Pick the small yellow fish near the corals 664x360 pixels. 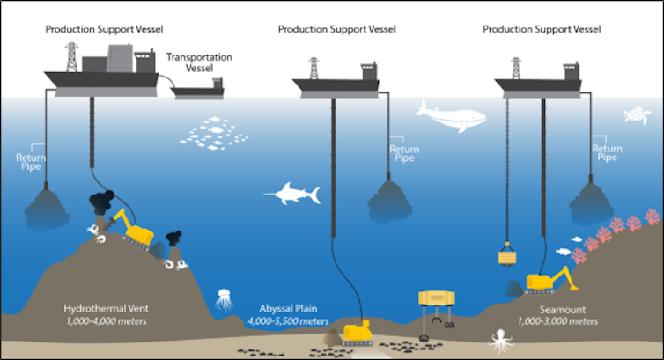tap(562, 252)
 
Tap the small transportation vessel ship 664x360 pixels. tap(200, 89)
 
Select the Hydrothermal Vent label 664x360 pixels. tap(104, 309)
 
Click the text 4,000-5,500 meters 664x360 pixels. tap(291, 321)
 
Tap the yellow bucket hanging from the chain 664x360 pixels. tap(506, 257)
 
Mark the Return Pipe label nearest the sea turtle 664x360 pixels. tap(607, 151)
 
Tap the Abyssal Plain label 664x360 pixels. tap(291, 309)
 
